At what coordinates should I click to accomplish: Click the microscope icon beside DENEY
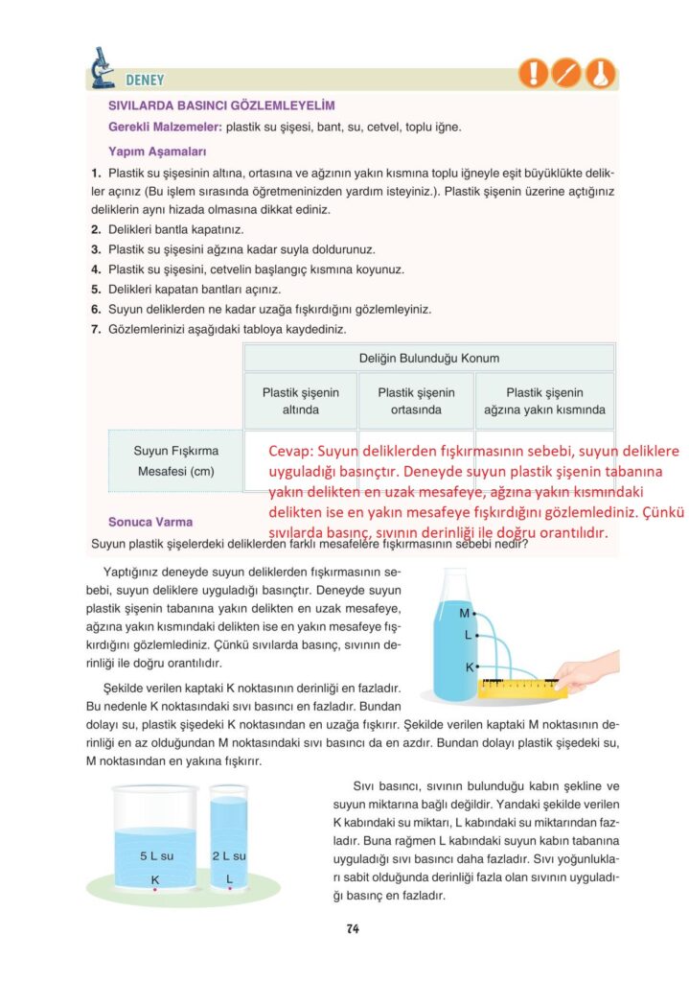tap(102, 68)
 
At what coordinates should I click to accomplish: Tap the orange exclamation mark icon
tap(533, 73)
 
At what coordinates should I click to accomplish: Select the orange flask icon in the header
tap(602, 73)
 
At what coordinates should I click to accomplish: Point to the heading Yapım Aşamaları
tap(156, 151)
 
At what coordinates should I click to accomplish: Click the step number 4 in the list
tap(96, 269)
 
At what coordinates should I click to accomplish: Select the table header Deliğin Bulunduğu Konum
tap(428, 358)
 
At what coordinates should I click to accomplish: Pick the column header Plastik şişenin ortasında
tap(416, 401)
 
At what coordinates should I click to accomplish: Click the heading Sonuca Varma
tap(150, 522)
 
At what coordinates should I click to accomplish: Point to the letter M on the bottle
tap(464, 613)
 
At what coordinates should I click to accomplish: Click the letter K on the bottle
tap(470, 666)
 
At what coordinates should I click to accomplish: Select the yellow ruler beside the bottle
tap(522, 688)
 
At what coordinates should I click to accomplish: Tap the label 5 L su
tap(155, 855)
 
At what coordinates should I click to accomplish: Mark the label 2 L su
tap(229, 855)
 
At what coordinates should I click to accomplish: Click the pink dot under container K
tap(155, 890)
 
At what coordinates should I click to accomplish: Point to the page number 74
tap(353, 928)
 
